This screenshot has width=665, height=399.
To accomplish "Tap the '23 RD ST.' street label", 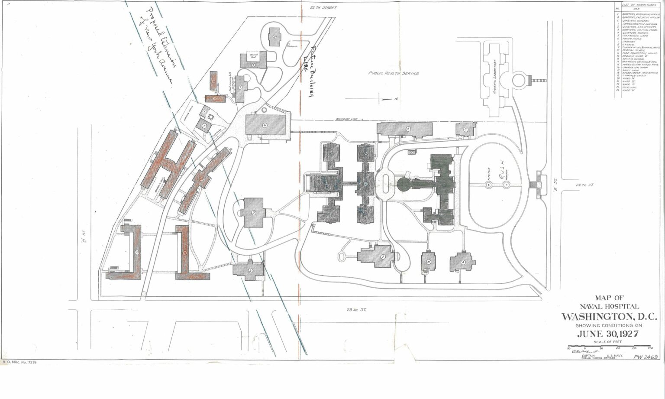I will point(356,309).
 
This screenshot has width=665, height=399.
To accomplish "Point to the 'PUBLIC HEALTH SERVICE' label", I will point(394,74).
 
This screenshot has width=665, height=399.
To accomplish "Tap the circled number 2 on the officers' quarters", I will point(383,256).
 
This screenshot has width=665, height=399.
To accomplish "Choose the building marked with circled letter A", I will point(462,262).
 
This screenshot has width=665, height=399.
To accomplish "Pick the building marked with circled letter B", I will point(428,262).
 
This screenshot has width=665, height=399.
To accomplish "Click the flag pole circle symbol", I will point(488,185).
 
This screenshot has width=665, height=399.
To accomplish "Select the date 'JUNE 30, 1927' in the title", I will point(608,334).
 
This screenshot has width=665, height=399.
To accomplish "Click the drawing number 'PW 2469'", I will point(646,357).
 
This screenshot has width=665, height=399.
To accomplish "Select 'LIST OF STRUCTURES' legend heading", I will point(639,4).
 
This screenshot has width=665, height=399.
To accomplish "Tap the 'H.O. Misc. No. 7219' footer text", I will point(19,361).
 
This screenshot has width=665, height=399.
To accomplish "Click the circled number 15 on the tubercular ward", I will point(137,252).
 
